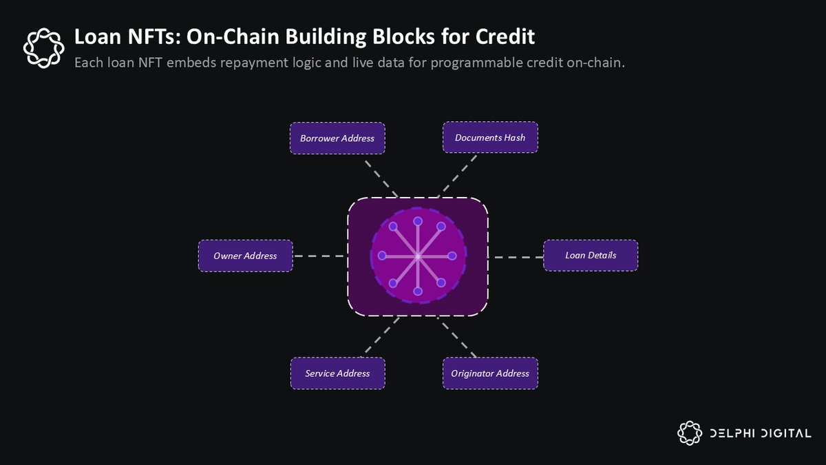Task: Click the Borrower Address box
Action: tap(337, 138)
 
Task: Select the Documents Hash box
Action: tap(490, 137)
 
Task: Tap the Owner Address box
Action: tap(245, 256)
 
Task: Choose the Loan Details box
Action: tap(591, 255)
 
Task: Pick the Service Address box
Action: tap(337, 373)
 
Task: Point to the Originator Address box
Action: tap(490, 373)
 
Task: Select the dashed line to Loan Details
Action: tap(516, 257)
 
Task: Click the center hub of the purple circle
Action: tap(418, 256)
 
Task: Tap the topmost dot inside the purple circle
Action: tap(418, 221)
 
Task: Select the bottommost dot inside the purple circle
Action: tap(418, 291)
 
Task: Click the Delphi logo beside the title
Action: tap(43, 46)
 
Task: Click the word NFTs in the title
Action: tap(127, 36)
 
